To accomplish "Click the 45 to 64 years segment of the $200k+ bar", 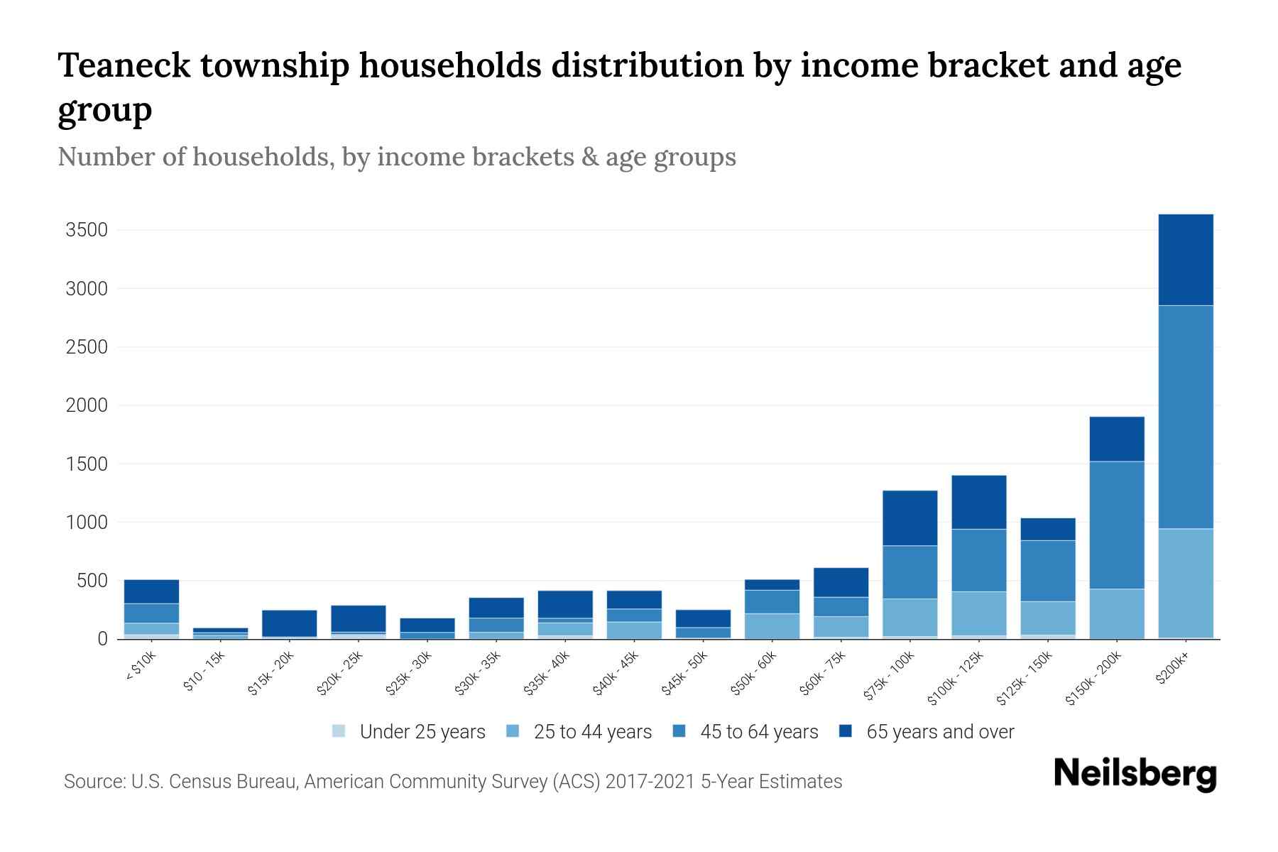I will click(1186, 417).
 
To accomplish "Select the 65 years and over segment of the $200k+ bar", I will click(1186, 260).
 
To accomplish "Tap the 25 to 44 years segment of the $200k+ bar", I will click(1186, 583).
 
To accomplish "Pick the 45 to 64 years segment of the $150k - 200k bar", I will click(1117, 525).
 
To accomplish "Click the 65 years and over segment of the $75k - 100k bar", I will click(910, 518).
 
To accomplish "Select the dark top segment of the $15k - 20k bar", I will click(289, 623).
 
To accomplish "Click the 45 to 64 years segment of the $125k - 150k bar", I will click(1047, 571).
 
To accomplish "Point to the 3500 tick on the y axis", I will click(86, 230).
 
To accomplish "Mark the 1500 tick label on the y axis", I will click(86, 464).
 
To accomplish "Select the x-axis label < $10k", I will click(141, 667).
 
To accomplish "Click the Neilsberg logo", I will click(1135, 774).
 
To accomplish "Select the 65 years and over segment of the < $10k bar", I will click(151, 591).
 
